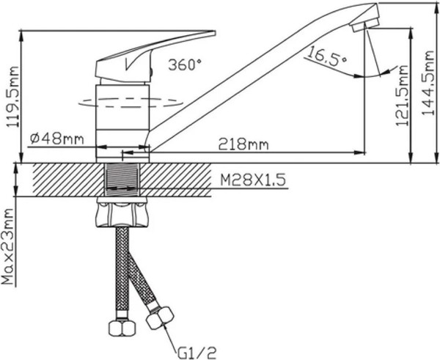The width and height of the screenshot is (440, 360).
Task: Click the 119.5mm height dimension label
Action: click(12, 97)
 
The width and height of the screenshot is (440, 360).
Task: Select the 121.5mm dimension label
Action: click(402, 95)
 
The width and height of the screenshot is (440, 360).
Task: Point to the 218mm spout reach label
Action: click(243, 144)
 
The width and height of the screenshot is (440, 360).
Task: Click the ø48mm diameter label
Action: click(57, 139)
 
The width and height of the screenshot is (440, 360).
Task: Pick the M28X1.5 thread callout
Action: click(253, 180)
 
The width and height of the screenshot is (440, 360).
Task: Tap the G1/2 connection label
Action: click(197, 352)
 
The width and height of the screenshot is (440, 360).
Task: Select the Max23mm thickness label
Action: click(7, 246)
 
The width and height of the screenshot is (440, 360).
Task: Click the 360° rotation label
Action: click(186, 65)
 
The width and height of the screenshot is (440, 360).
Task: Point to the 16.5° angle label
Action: click(327, 57)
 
